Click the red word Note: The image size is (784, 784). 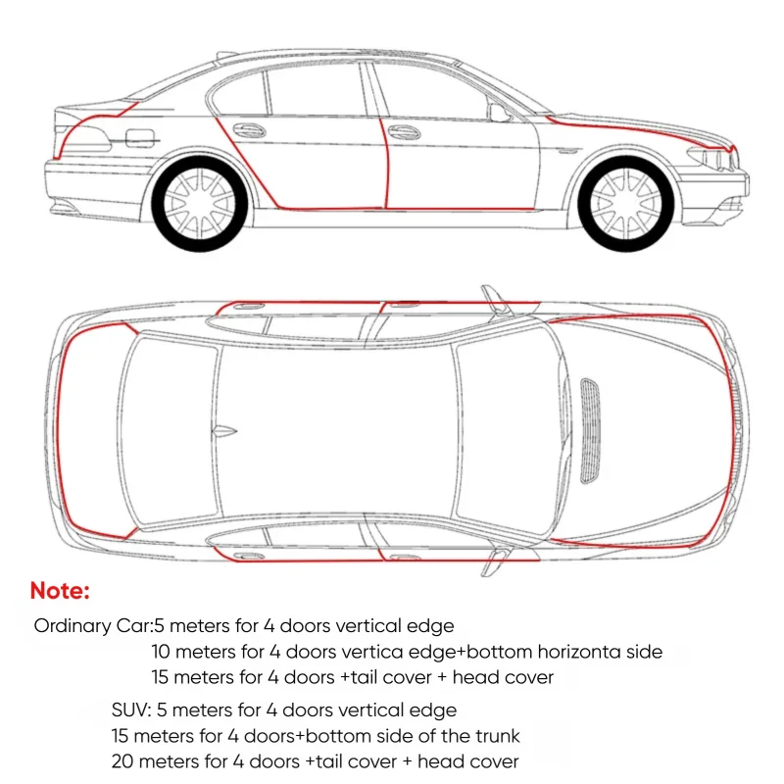[60, 591]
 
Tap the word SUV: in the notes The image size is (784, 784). [131, 710]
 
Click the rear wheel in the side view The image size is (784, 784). [200, 204]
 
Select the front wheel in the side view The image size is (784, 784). [626, 204]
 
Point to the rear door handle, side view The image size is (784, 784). [249, 131]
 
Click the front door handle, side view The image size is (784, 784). [404, 132]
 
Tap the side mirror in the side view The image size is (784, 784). [500, 113]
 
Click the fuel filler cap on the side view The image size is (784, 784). [139, 138]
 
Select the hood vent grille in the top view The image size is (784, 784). [590, 431]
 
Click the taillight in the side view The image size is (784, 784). [86, 138]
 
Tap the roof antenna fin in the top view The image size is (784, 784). [223, 430]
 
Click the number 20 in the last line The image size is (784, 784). [122, 761]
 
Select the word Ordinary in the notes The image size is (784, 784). [73, 626]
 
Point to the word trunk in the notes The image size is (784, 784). [498, 736]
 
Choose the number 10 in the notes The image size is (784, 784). [161, 652]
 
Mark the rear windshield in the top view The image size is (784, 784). [170, 431]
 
